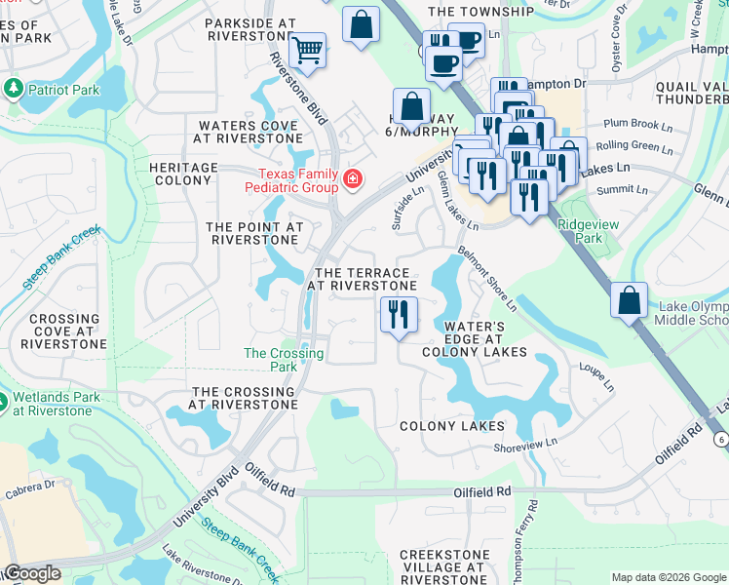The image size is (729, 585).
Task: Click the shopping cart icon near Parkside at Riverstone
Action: pyautogui.click(x=308, y=50)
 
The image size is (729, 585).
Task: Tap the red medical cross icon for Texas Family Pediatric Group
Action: pyautogui.click(x=351, y=179)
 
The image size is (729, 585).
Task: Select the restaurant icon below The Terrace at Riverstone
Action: pyautogui.click(x=398, y=314)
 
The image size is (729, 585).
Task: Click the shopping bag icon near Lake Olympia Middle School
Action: pyautogui.click(x=630, y=299)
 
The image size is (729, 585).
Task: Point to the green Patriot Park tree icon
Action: pyautogui.click(x=14, y=90)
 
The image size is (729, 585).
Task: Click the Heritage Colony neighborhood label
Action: pyautogui.click(x=183, y=175)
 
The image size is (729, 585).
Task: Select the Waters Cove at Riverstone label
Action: pyautogui.click(x=249, y=132)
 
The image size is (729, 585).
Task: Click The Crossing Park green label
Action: pyautogui.click(x=270, y=360)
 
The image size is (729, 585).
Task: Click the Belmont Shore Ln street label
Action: pyautogui.click(x=494, y=282)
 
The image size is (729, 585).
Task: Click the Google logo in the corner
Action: pyautogui.click(x=32, y=573)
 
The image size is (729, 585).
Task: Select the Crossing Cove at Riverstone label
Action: pyautogui.click(x=65, y=331)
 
